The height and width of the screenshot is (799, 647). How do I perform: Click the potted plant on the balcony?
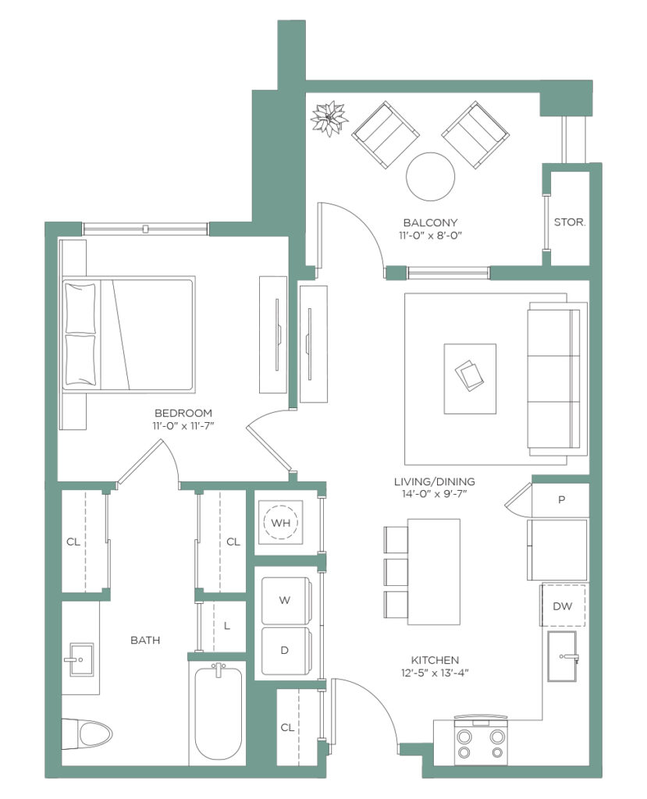[329, 119]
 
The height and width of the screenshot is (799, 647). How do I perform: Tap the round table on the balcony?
[430, 177]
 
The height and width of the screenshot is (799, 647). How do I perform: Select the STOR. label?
[570, 222]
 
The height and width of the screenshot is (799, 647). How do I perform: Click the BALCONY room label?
[430, 222]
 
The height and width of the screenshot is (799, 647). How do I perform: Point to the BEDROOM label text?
[183, 413]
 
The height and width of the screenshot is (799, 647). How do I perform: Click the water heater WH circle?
[280, 522]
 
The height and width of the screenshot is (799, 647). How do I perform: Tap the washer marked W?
[286, 600]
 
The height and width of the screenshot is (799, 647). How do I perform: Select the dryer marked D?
[286, 650]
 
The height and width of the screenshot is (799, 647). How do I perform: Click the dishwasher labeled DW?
[563, 605]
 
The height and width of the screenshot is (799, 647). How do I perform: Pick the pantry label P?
[561, 499]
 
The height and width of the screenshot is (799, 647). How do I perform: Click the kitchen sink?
[563, 656]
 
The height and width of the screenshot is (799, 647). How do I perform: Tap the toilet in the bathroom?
[87, 734]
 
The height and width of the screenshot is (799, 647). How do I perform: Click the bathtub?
[219, 713]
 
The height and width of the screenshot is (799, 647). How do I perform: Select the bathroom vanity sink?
[81, 659]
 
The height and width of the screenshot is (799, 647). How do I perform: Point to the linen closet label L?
[227, 625]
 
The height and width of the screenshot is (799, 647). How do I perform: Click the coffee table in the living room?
[470, 378]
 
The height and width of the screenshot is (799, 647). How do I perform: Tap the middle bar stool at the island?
[396, 572]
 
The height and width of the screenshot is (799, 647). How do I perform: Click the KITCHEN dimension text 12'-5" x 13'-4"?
[435, 673]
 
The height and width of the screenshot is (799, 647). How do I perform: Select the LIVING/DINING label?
[435, 481]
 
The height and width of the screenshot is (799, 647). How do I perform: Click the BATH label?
[145, 640]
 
